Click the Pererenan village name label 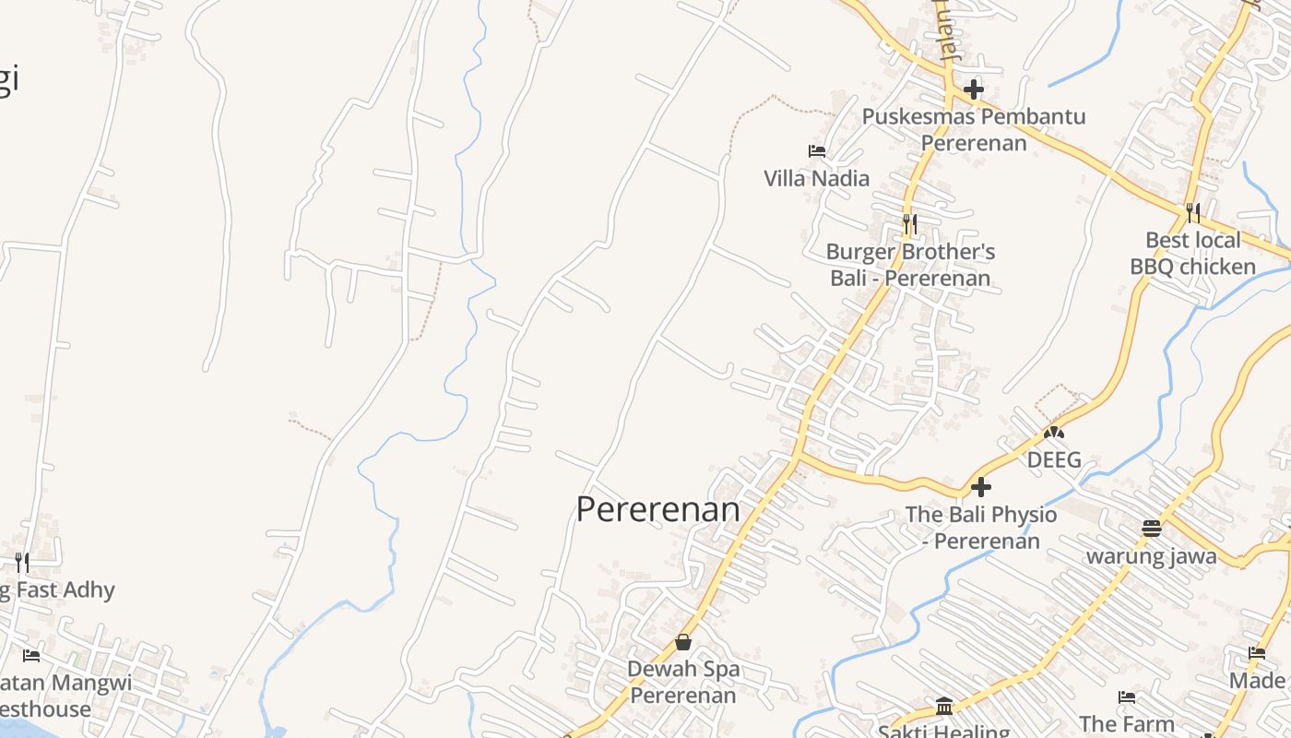pos(657,509)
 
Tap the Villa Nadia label pos(816,178)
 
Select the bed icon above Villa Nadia pos(816,150)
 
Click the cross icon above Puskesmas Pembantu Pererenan pos(974,90)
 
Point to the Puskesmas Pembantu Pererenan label pos(974,129)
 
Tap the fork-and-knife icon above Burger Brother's pos(909,223)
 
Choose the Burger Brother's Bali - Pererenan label pos(910,265)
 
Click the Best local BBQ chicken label pos(1192,254)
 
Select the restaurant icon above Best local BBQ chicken pos(1192,213)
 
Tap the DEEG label pos(1053,459)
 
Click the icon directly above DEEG pos(1053,431)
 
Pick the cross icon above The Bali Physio pos(981,486)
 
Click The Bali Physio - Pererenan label pos(981,528)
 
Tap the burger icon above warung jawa pos(1151,529)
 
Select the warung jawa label pos(1151,556)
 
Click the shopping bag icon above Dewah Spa pos(683,642)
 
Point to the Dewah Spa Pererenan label pos(683,682)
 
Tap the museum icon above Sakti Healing pos(943,707)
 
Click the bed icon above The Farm pos(1126,696)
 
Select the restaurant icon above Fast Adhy pos(21,562)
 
